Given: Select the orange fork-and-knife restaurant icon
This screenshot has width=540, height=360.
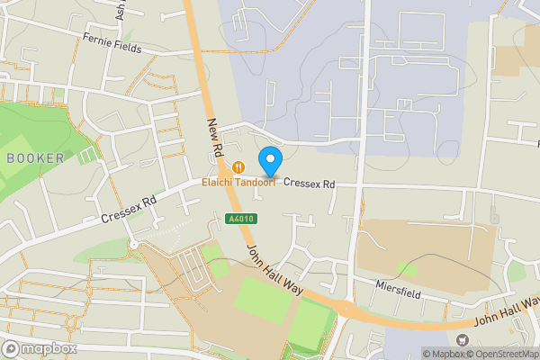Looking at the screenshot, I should [238, 167].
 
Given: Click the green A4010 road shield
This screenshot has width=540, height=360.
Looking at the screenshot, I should [236, 219].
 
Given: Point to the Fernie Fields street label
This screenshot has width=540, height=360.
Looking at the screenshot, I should [112, 42].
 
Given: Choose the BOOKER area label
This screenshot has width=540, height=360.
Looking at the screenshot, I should [35, 158].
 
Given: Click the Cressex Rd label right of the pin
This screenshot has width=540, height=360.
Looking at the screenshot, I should [310, 184].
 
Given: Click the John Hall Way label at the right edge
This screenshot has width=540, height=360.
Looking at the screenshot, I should [508, 310].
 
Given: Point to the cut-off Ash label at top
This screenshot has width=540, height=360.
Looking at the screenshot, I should [121, 9].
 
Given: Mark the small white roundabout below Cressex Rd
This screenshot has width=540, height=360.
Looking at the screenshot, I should [133, 245].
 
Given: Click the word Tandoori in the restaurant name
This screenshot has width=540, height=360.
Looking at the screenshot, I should [253, 182].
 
